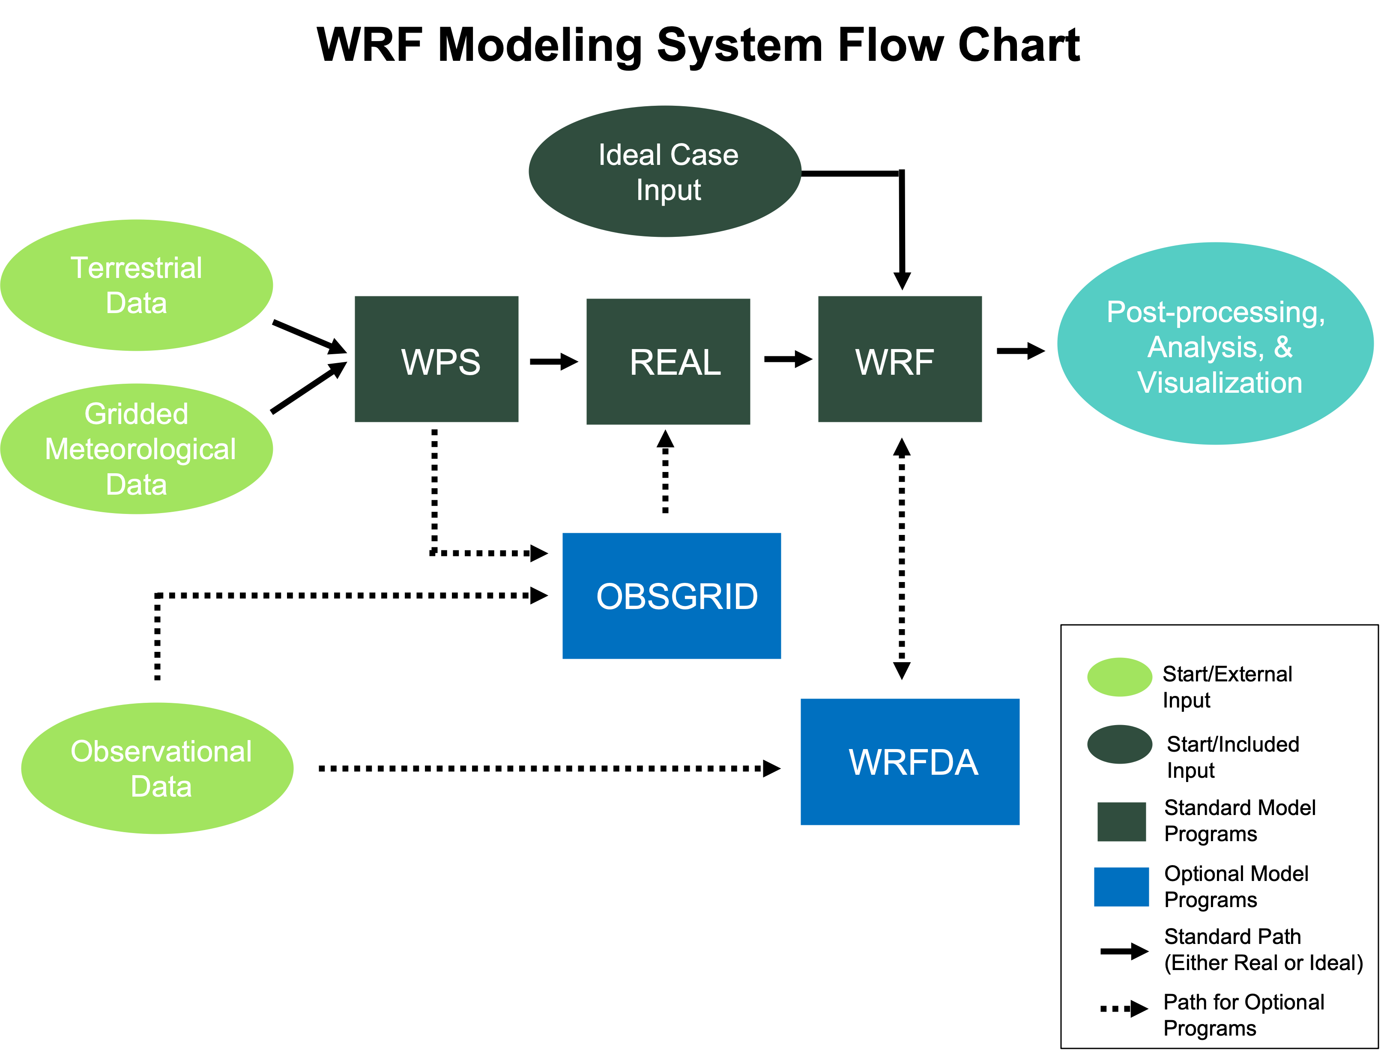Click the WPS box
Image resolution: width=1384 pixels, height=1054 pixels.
[x=436, y=359]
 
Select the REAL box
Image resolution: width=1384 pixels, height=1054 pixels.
[x=668, y=361]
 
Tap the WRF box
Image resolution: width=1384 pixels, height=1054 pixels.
[x=900, y=359]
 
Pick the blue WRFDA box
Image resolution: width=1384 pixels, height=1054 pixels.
[x=910, y=761]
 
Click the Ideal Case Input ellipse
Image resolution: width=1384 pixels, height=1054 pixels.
[x=665, y=171]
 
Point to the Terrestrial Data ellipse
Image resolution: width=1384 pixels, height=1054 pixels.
[x=137, y=285]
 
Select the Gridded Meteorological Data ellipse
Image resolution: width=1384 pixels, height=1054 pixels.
[x=137, y=448]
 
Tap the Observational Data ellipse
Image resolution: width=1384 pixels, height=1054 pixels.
[x=158, y=768]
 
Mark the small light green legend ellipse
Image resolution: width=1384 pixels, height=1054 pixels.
[x=1119, y=677]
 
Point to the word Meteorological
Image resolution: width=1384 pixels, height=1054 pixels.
[x=140, y=450]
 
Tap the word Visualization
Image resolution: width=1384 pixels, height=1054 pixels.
[x=1220, y=383]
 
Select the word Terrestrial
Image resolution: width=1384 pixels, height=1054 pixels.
[x=136, y=268]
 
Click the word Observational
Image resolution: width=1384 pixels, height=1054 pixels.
[x=161, y=752]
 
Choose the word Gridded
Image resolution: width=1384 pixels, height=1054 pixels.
[x=136, y=414]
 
